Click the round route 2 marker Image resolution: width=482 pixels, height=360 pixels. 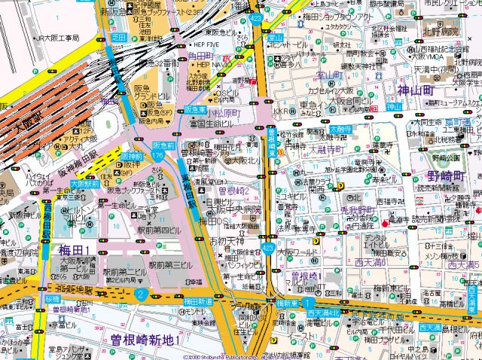[140, 294]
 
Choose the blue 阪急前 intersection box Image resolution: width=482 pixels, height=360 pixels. [163, 145]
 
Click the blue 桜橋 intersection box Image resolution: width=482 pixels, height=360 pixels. [52, 299]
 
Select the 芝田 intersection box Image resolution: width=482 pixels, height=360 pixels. [118, 36]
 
